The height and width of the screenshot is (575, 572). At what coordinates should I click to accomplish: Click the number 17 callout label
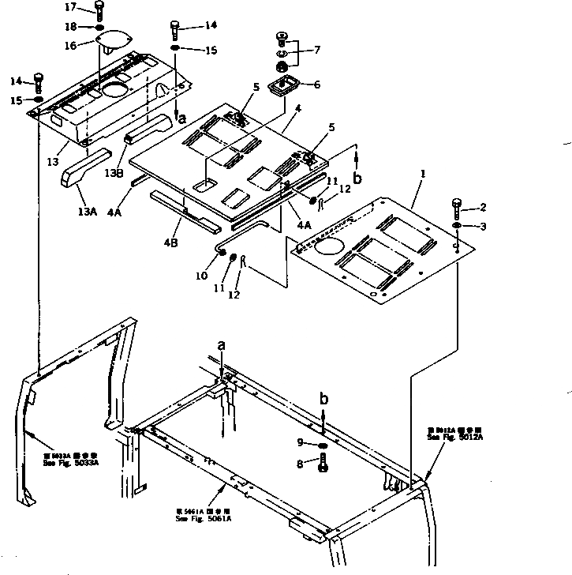pyautogui.click(x=71, y=7)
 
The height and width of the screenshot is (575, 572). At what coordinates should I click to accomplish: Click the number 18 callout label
pyautogui.click(x=69, y=27)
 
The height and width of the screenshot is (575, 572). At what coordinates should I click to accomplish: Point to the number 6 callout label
pyautogui.click(x=317, y=85)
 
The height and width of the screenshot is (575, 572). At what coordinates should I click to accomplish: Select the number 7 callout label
pyautogui.click(x=317, y=50)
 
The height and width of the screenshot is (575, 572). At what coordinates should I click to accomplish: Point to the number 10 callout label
pyautogui.click(x=202, y=276)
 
